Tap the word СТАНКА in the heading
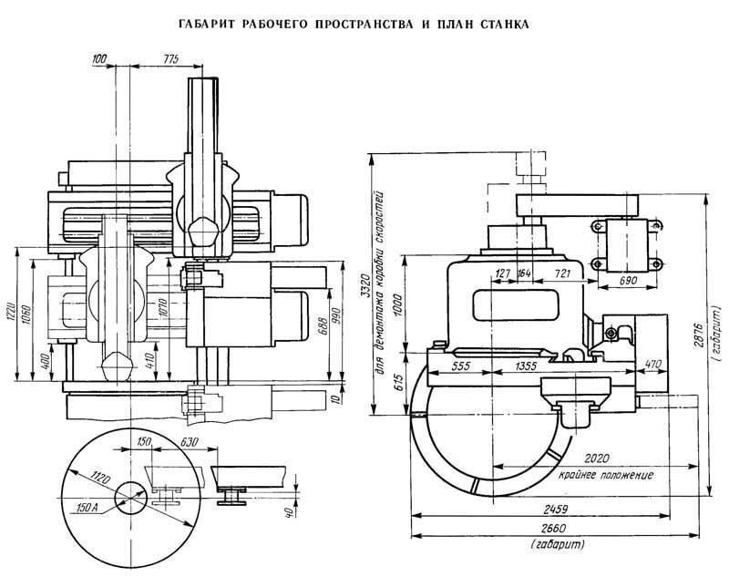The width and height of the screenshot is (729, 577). pyautogui.click(x=498, y=26)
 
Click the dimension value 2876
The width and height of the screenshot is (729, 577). pyautogui.click(x=718, y=327)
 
